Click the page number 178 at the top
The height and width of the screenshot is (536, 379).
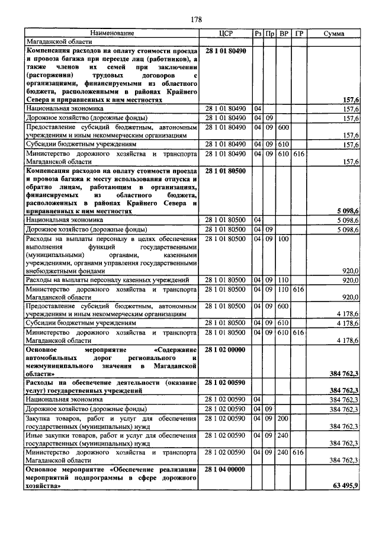click(196, 20)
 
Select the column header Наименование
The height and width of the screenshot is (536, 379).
click(113, 34)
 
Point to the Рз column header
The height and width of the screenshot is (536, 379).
click(258, 34)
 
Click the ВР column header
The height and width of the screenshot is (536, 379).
click(284, 34)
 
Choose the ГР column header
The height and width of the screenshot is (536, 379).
click(299, 34)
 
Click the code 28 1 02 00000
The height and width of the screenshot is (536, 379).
click(227, 351)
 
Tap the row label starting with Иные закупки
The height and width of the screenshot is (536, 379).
click(111, 439)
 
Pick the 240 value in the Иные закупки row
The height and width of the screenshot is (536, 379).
click(283, 435)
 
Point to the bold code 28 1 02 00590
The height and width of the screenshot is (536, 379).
click(227, 384)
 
